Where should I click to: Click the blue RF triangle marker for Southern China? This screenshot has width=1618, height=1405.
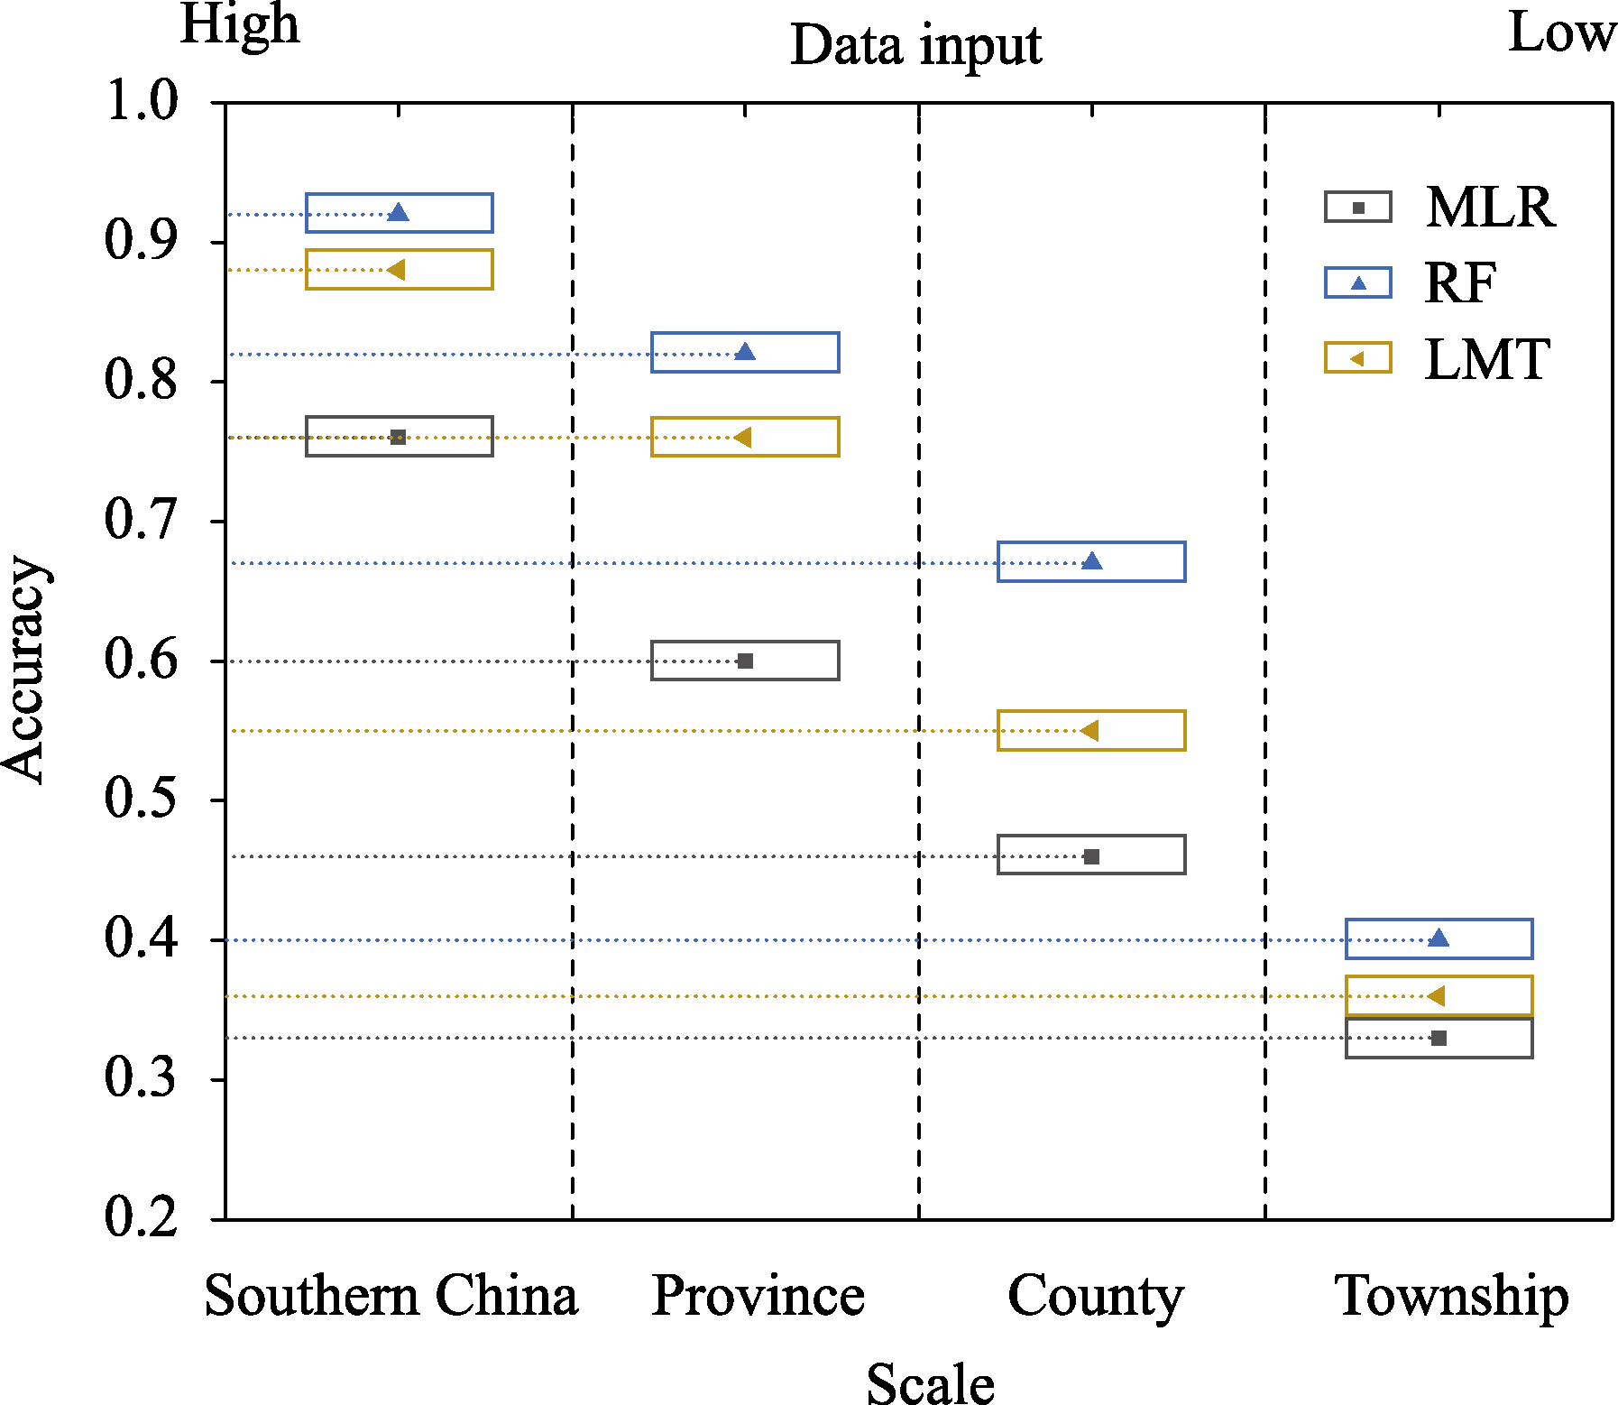398,213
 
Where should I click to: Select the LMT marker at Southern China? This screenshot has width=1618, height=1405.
397,270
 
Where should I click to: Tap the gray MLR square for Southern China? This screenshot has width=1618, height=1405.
398,438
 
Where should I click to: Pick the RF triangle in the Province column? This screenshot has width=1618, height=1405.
745,352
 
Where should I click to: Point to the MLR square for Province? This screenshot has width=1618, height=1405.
745,661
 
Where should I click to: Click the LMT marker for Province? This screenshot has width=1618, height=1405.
743,438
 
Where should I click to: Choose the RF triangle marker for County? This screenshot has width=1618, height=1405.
1091,561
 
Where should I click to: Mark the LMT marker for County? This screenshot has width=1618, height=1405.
1089,730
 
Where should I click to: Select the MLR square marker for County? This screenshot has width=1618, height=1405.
1091,856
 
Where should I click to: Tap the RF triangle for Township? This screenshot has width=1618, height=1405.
1439,938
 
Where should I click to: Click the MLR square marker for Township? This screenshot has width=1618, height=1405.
1439,1039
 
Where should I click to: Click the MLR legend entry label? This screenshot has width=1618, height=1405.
1490,208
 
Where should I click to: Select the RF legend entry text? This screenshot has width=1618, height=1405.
1461,283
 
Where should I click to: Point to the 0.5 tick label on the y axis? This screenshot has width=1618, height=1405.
141,799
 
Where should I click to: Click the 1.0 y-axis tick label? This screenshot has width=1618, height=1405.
142,100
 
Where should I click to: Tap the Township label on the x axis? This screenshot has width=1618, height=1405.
1451,1296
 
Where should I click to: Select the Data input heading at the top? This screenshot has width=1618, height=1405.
915,45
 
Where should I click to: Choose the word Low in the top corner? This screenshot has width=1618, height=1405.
1561,34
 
